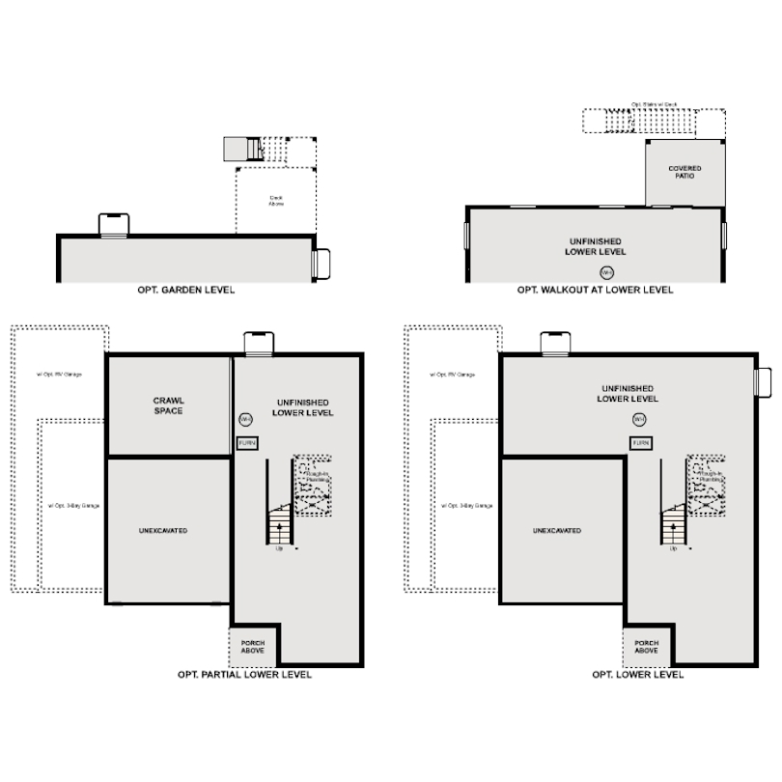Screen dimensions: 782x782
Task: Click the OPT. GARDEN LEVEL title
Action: [187, 290]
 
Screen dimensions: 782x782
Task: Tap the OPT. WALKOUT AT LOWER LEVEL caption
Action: [595, 290]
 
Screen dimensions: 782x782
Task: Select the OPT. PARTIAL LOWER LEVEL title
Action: [244, 675]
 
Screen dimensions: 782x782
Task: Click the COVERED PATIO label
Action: [684, 172]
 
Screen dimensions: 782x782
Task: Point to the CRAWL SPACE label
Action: [169, 405]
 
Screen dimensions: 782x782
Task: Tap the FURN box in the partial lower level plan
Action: [247, 442]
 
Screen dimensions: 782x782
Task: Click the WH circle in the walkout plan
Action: [606, 271]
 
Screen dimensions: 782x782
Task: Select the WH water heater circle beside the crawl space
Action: [246, 419]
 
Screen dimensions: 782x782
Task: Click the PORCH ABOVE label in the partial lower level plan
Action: [253, 647]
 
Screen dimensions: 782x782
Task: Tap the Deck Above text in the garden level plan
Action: [276, 201]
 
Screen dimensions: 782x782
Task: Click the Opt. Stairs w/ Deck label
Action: [654, 104]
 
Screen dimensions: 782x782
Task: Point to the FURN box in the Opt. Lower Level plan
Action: [640, 442]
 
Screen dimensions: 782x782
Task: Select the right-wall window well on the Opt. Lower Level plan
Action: [762, 381]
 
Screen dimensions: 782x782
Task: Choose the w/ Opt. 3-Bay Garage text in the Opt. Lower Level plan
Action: [471, 505]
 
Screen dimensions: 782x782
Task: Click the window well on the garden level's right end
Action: [322, 263]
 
